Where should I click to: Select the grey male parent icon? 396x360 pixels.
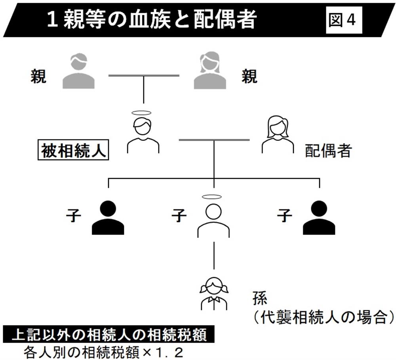point(78,71)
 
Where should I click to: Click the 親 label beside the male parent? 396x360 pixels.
point(38,76)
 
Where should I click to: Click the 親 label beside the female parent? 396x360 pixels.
point(249,76)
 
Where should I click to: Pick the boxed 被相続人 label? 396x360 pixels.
point(74,151)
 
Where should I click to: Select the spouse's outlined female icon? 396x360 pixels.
point(278,135)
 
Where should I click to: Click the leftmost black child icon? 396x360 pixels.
point(108,218)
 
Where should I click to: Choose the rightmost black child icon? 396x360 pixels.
point(319,218)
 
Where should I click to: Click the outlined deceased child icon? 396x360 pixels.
point(213,220)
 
